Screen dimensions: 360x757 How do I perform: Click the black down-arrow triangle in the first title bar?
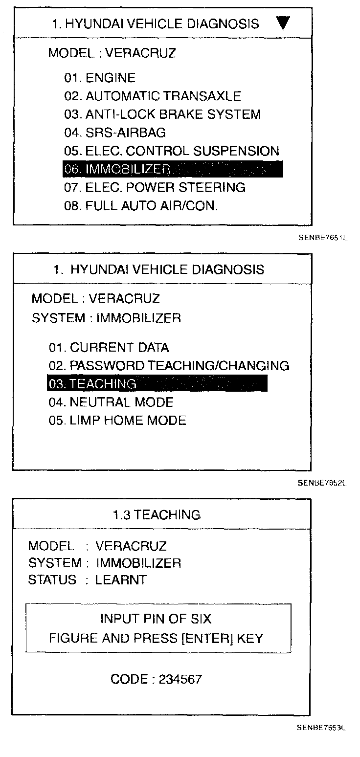click(283, 23)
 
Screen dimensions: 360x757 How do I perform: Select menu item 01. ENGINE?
click(100, 78)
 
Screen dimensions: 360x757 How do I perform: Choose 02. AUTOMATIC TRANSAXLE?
click(153, 96)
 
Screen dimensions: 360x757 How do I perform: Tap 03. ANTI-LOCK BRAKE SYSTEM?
click(162, 114)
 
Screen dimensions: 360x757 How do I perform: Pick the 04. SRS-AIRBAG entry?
click(115, 133)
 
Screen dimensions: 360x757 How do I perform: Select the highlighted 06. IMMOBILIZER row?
click(173, 169)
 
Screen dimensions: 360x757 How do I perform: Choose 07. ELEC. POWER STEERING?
click(155, 187)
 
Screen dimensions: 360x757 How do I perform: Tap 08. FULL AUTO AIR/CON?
click(141, 206)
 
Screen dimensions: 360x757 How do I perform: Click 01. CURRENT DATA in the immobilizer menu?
click(109, 348)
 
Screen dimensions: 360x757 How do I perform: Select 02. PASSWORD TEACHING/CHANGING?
click(169, 366)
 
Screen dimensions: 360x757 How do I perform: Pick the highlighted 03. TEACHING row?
click(157, 384)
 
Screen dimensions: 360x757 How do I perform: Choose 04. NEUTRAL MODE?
click(111, 402)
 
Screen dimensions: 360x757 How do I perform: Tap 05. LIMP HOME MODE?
click(117, 421)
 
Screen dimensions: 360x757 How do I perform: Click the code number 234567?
click(180, 679)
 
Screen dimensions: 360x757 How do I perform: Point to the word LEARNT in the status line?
click(121, 580)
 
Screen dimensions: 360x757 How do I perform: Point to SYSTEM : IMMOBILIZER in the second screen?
click(106, 318)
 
